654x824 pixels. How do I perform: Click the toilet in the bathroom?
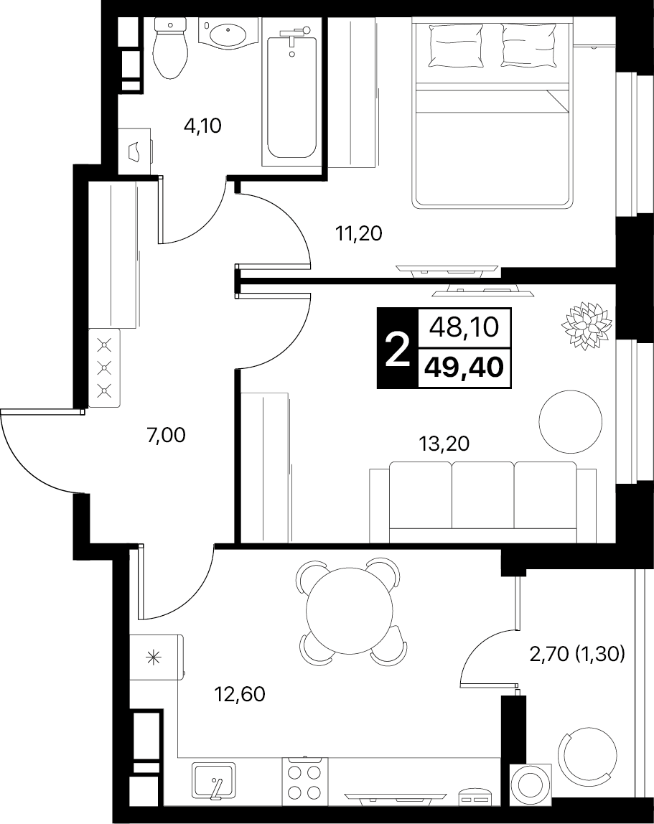[170, 47]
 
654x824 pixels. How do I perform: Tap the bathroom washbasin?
[227, 34]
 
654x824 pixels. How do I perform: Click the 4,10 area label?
[202, 126]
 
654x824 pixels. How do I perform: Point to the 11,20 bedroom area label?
[358, 233]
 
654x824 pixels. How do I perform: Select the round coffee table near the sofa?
[571, 421]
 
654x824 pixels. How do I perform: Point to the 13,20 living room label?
[444, 444]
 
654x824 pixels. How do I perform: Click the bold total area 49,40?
[464, 367]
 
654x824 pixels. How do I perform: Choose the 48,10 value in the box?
[464, 328]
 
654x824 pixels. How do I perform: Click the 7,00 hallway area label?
[166, 435]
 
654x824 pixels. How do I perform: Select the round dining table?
[350, 610]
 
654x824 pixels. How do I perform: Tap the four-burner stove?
[305, 779]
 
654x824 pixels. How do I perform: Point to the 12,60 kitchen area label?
[240, 694]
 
